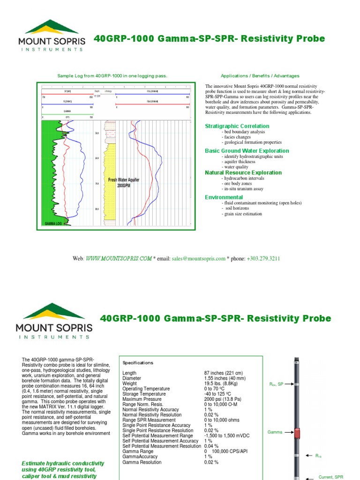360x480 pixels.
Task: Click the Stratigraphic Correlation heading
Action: point(237,126)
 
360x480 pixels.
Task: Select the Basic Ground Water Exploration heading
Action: point(247,151)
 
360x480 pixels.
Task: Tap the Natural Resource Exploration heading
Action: point(243,172)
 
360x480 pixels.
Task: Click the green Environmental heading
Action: point(224,197)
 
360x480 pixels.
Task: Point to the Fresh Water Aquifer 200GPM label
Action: point(124,182)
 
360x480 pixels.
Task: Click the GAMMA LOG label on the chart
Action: point(53,224)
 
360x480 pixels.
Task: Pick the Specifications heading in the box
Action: point(138,363)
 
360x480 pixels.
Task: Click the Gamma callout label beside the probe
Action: point(275,432)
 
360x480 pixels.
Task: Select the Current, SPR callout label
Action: point(331,477)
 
